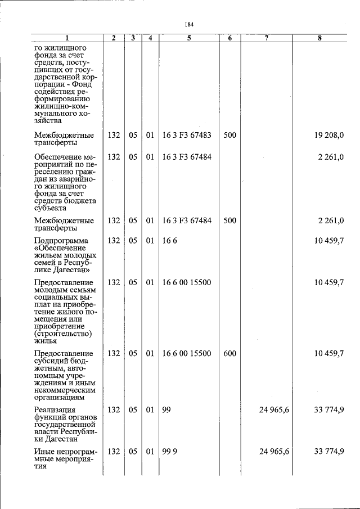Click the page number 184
(x=189, y=24)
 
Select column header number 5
(x=190, y=38)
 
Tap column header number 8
(x=319, y=38)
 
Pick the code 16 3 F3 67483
(x=187, y=135)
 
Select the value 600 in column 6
(x=229, y=353)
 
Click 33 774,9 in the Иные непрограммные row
(x=329, y=452)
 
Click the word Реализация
(x=55, y=409)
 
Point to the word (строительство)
(x=62, y=334)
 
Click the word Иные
(x=44, y=452)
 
